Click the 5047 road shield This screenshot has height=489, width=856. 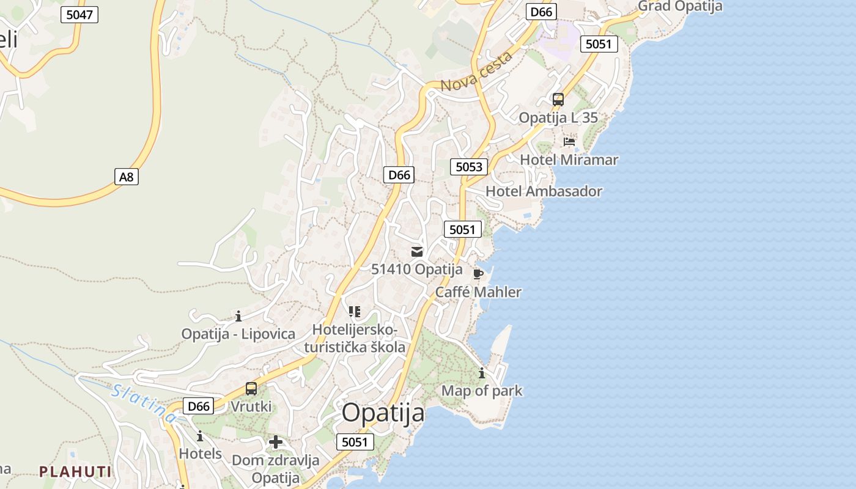coord(80,15)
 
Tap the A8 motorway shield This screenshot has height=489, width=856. coord(127,177)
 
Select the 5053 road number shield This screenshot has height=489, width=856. coord(469,167)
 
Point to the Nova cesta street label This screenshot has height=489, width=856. coord(476,73)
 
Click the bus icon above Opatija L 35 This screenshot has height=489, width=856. coord(558,99)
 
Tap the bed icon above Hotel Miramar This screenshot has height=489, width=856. coord(569,142)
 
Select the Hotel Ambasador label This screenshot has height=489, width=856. coord(544,191)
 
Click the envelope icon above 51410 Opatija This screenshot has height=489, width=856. coord(417,252)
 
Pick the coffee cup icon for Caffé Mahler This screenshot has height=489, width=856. coord(478,274)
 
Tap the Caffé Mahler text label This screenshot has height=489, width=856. coord(478,292)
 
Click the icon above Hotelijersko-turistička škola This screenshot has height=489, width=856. coord(355,312)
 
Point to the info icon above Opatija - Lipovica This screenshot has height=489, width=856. coord(238,316)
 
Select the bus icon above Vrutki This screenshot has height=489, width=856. coord(251,389)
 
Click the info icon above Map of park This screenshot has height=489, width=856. coord(482,373)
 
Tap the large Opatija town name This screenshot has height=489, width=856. coord(383,413)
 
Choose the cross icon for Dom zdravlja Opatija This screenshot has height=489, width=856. coord(276,442)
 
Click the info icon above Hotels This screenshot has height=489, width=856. coord(200,436)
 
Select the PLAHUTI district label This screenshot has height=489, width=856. coord(75,472)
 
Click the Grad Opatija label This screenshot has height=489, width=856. coord(680,7)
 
